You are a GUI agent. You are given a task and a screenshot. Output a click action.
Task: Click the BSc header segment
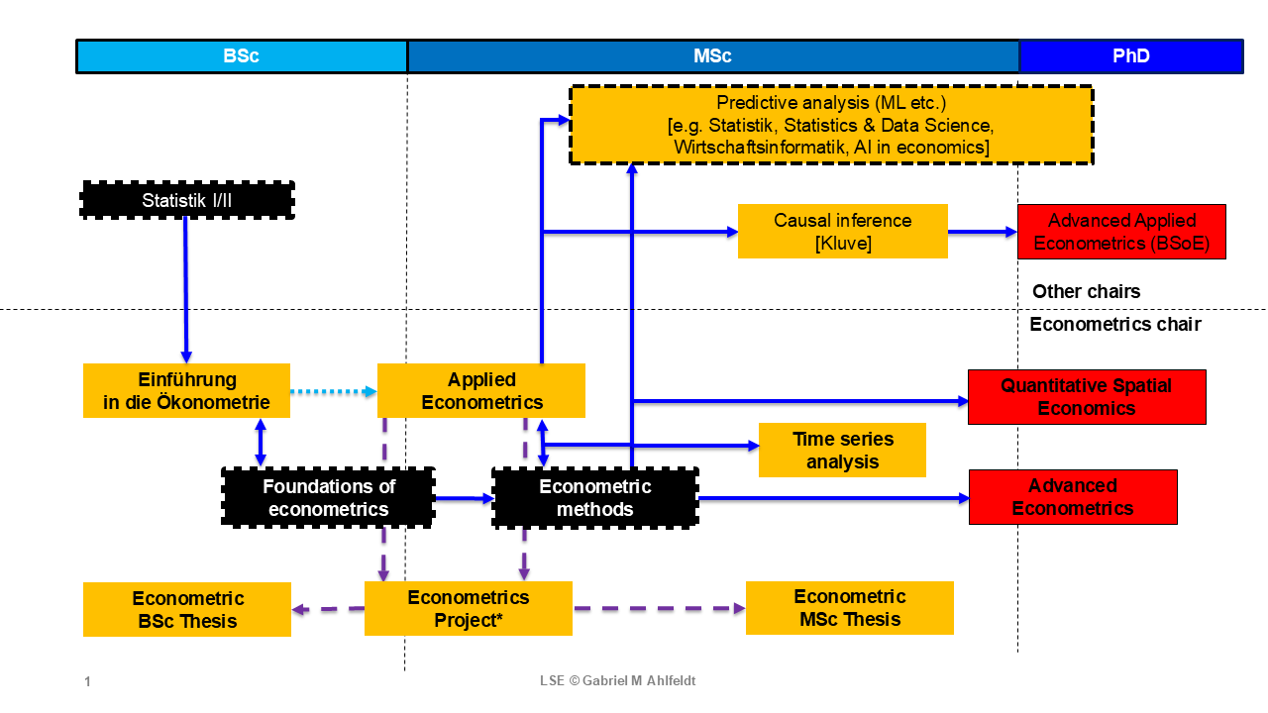click(x=242, y=56)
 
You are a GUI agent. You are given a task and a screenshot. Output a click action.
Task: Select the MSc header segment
click(x=713, y=56)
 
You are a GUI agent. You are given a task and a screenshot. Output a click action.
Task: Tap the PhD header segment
click(x=1131, y=56)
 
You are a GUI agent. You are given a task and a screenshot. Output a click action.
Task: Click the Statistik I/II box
click(x=187, y=201)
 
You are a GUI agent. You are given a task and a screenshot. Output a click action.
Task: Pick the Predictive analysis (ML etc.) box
click(x=831, y=125)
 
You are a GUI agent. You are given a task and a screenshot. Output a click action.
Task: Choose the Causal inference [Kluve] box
click(x=842, y=232)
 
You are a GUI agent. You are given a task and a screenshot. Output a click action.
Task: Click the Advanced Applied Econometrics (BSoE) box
click(x=1121, y=232)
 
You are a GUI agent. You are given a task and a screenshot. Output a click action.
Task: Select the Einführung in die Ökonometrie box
click(x=186, y=390)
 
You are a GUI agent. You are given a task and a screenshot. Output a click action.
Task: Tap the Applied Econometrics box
click(x=481, y=390)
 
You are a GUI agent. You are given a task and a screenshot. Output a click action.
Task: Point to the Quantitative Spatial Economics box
click(x=1086, y=396)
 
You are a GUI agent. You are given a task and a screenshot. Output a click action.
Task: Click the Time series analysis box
click(x=842, y=450)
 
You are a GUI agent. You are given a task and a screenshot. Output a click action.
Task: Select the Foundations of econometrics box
click(x=329, y=497)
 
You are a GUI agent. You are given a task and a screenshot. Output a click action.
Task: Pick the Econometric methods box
click(x=594, y=497)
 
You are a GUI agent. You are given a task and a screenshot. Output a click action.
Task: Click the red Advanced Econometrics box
click(x=1072, y=497)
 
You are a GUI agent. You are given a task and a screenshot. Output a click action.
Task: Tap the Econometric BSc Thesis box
click(x=186, y=609)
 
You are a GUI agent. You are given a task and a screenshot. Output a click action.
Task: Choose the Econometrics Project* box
click(x=469, y=608)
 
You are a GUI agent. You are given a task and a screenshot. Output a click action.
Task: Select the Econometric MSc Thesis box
click(x=849, y=608)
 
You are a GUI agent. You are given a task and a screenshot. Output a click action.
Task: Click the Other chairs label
click(x=1086, y=291)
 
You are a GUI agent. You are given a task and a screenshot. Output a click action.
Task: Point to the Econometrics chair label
click(x=1114, y=324)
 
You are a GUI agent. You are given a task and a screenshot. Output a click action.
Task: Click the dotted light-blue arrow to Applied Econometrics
click(x=333, y=391)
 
